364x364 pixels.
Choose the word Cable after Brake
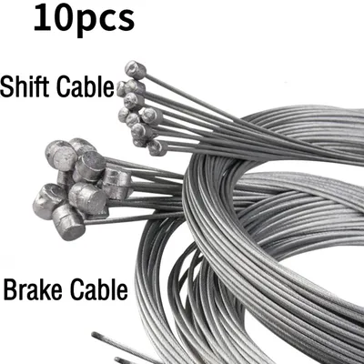pyautogui.click(x=99, y=289)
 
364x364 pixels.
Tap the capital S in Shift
pyautogui.click(x=6, y=86)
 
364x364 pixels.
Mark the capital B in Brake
pyautogui.click(x=10, y=289)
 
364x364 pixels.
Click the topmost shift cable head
pyautogui.click(x=136, y=70)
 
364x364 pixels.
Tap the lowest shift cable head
pyautogui.click(x=157, y=148)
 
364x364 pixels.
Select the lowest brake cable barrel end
pyautogui.click(x=68, y=222)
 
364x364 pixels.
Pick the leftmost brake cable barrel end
pyautogui.click(x=48, y=201)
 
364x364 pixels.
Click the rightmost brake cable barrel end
pyautogui.click(x=116, y=184)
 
